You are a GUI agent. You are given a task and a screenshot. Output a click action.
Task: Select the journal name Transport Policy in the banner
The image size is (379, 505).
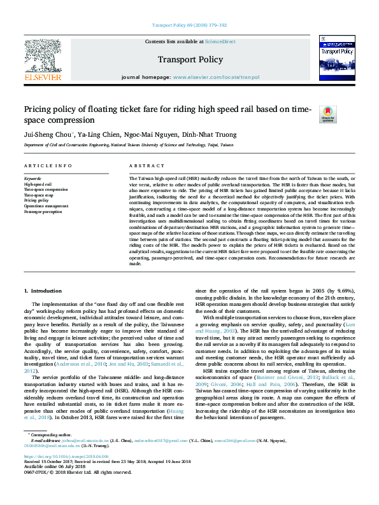click(x=189, y=58)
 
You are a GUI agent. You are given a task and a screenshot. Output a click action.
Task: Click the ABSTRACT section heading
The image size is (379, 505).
click(x=142, y=165)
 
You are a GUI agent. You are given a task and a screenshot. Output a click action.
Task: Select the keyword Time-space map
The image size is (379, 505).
click(x=38, y=195)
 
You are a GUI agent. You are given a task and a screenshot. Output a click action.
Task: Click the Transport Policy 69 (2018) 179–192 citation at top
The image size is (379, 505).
click(x=190, y=25)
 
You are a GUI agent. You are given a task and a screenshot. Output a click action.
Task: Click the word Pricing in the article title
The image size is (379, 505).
click(x=39, y=109)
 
